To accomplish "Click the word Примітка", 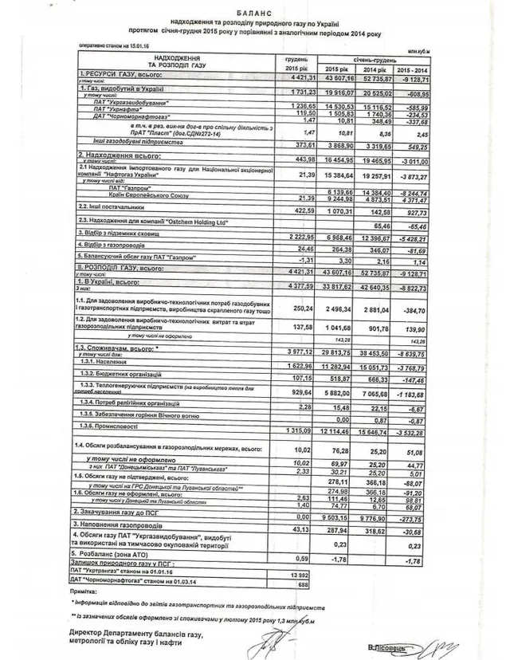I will [84, 595].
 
